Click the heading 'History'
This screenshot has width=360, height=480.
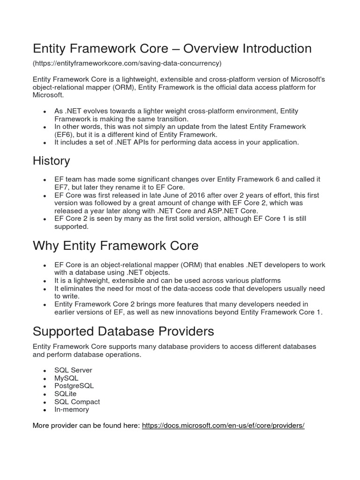point(51,161)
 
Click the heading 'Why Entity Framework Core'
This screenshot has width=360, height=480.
point(115,246)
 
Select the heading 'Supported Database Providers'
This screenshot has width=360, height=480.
point(123,331)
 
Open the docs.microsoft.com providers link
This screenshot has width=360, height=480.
point(223,426)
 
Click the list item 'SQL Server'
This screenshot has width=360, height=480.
point(73,370)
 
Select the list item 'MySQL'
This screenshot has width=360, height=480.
point(67,378)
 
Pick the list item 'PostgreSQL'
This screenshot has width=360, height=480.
point(74,386)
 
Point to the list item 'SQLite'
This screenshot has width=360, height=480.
point(65,394)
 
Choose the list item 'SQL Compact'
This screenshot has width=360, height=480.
point(77,402)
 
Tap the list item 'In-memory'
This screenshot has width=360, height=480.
point(71,410)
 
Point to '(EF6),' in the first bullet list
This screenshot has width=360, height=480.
point(66,135)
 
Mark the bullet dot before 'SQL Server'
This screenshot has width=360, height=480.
point(44,370)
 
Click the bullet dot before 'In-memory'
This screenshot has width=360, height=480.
point(44,410)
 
